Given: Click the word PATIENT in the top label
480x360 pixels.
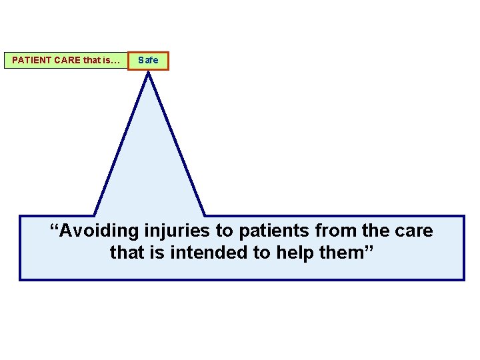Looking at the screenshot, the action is [31, 60].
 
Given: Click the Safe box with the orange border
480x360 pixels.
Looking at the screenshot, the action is [148, 60].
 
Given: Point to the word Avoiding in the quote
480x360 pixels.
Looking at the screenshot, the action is [99, 231].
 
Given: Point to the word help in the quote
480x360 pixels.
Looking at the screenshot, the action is [288, 253].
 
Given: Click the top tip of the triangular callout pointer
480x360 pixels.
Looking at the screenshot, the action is [148, 73].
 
